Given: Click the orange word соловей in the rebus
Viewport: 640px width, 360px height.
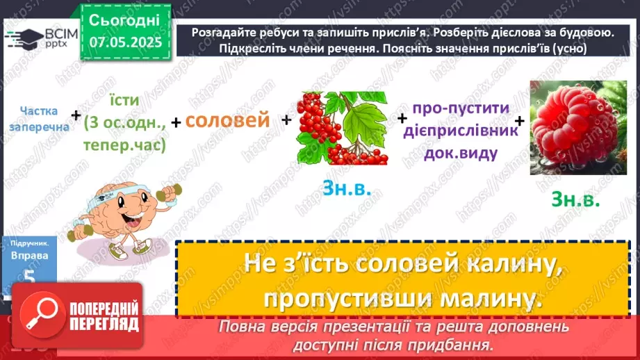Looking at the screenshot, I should coord(228,120).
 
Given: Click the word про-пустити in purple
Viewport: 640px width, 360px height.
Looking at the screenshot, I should coord(460,110).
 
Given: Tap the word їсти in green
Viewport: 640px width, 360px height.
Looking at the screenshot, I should coord(126,100).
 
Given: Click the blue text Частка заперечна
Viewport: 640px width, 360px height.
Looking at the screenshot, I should coord(38,119).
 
